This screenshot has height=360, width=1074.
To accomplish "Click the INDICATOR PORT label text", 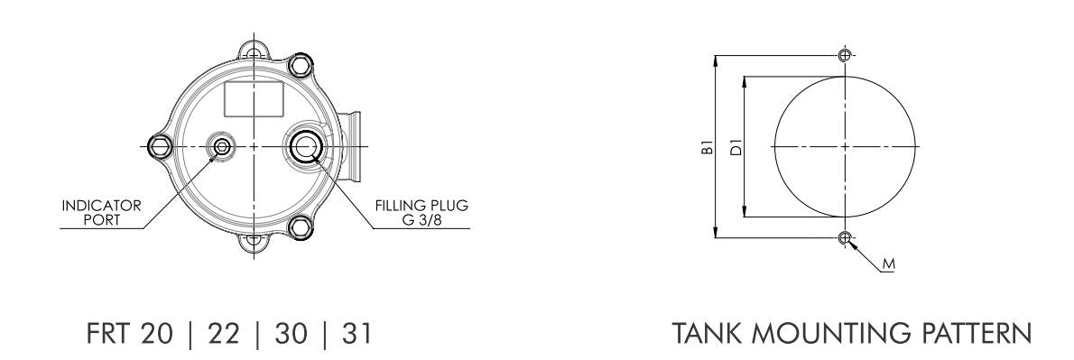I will click(101, 211).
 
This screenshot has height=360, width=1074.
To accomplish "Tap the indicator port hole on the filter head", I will click(220, 145).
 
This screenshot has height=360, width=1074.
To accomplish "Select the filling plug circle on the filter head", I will click(303, 145).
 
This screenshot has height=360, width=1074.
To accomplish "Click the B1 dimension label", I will click(708, 146).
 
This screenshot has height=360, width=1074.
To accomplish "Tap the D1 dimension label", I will click(736, 146).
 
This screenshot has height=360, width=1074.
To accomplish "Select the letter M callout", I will click(888, 265).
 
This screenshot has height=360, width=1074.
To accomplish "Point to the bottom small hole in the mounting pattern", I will click(844, 238).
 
